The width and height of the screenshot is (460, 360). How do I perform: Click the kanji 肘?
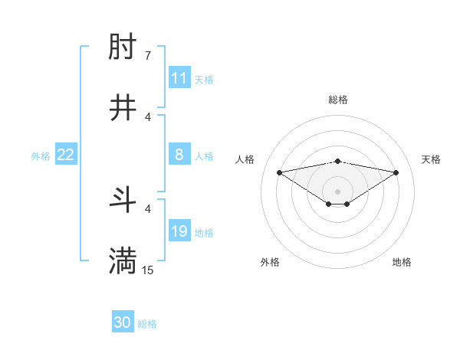pyautogui.click(x=123, y=49)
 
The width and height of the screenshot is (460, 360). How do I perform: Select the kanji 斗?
pyautogui.click(x=123, y=201)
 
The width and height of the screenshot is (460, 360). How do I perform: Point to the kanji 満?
pyautogui.click(x=123, y=261)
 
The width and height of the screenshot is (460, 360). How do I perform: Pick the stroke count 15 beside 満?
pyautogui.click(x=148, y=270)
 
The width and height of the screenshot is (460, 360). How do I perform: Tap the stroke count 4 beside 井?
pyautogui.click(x=147, y=116)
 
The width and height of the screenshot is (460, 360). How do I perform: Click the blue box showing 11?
pyautogui.click(x=179, y=78)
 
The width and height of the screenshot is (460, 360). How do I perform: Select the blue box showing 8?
pyautogui.click(x=179, y=155)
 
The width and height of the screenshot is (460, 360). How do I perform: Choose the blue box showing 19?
pyautogui.click(x=179, y=231)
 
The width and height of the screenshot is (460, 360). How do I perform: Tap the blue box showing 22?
pyautogui.click(x=66, y=155)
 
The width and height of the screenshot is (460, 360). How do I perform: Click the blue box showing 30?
pyautogui.click(x=123, y=322)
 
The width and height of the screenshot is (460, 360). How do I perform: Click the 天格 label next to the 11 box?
pyautogui.click(x=204, y=79)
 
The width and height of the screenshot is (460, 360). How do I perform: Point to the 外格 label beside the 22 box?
pyautogui.click(x=41, y=155)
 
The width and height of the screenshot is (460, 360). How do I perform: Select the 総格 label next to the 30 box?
pyautogui.click(x=147, y=323)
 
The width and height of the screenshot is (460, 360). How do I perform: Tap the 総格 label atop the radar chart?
pyautogui.click(x=338, y=100)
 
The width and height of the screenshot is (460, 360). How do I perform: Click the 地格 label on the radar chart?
pyautogui.click(x=402, y=262)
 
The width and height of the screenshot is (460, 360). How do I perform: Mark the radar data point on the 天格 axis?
pyautogui.click(x=396, y=172)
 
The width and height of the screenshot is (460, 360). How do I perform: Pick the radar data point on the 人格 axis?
pyautogui.click(x=280, y=172)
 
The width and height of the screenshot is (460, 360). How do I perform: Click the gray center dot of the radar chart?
pyautogui.click(x=338, y=191)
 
